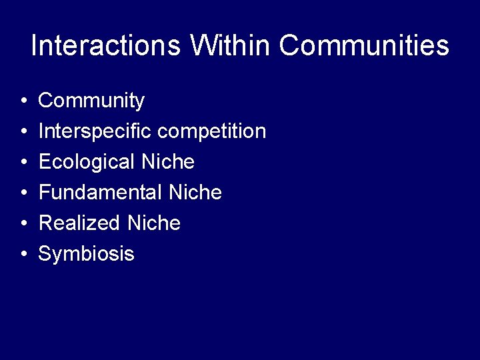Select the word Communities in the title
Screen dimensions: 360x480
[x=364, y=46]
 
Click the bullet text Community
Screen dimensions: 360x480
[x=91, y=101]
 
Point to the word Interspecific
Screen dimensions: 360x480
[x=95, y=131]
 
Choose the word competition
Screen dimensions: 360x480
[x=211, y=131]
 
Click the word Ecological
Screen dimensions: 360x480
[x=87, y=162]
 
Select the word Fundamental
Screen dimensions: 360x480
[x=101, y=193]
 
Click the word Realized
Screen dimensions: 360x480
[x=79, y=223]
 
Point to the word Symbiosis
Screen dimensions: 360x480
[x=87, y=254]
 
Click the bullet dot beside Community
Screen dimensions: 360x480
[x=23, y=102]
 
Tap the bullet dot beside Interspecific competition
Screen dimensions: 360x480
[x=23, y=133]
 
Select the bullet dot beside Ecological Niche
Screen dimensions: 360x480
[x=23, y=163]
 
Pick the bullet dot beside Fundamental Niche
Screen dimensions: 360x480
[x=23, y=194]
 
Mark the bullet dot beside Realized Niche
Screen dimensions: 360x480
[x=23, y=225]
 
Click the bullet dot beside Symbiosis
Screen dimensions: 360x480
[x=23, y=255]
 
